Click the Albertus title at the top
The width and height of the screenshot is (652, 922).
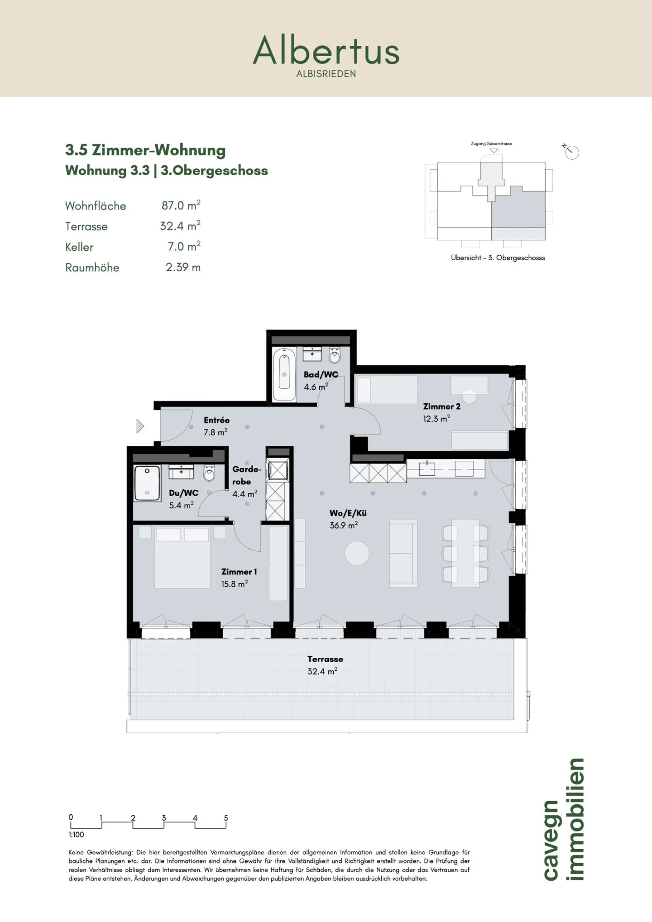[326, 50]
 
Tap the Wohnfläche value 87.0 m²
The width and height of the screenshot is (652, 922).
[181, 205]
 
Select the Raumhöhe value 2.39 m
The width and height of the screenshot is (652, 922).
[183, 267]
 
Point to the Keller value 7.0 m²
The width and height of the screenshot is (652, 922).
[184, 246]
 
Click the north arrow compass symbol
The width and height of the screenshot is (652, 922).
[571, 152]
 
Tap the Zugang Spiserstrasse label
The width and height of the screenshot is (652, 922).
[491, 143]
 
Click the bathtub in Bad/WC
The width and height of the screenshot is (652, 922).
[284, 374]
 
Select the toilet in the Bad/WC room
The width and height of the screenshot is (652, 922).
[335, 355]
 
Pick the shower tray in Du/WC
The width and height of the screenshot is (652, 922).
[147, 483]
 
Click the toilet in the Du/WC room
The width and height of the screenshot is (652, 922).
[209, 473]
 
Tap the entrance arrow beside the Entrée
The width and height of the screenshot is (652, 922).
[140, 426]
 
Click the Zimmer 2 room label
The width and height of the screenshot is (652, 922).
[441, 406]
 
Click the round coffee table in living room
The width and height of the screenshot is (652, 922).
[357, 553]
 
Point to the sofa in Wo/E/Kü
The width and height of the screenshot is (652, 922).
[403, 553]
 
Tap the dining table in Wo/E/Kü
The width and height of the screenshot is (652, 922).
[465, 553]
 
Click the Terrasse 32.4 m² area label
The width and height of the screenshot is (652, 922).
[325, 665]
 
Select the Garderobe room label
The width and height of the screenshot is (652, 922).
[247, 475]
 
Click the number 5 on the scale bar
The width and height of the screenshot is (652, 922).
[226, 818]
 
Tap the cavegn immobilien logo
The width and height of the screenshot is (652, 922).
[564, 820]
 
